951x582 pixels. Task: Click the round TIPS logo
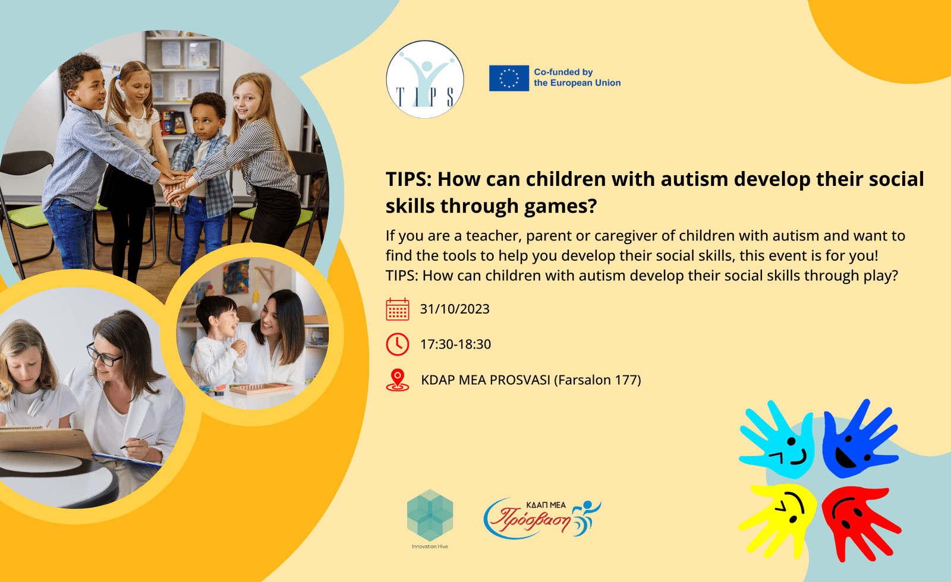pyautogui.click(x=425, y=80)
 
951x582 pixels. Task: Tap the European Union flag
pyautogui.click(x=509, y=78)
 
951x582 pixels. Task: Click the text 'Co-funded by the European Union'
pyautogui.click(x=577, y=78)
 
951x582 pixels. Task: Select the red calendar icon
pyautogui.click(x=398, y=309)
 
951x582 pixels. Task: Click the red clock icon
pyautogui.click(x=398, y=344)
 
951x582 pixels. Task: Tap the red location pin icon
pyautogui.click(x=398, y=379)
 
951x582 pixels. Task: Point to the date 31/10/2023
pyautogui.click(x=455, y=309)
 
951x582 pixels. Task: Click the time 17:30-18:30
pyautogui.click(x=455, y=344)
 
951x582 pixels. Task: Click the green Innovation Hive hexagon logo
pyautogui.click(x=430, y=515)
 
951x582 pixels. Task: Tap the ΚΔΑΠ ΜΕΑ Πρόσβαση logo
pyautogui.click(x=542, y=519)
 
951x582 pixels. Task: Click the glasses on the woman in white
pyautogui.click(x=104, y=356)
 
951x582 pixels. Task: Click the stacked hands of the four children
pyautogui.click(x=175, y=186)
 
